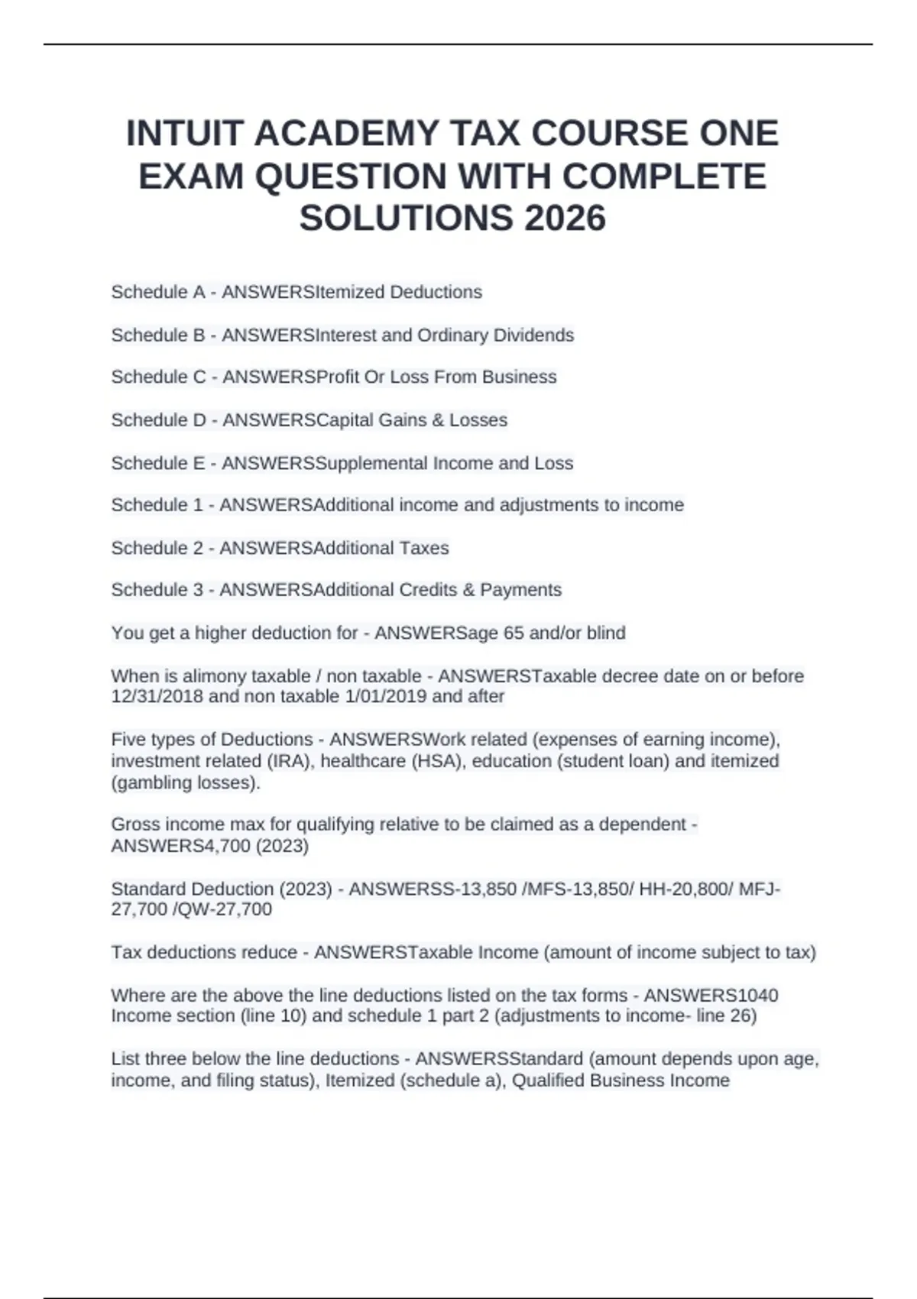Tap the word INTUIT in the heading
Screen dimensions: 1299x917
tap(184, 134)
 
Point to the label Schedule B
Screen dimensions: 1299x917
tap(157, 335)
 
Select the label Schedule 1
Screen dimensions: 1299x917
tap(157, 505)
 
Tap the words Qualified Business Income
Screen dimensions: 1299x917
tap(621, 1080)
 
